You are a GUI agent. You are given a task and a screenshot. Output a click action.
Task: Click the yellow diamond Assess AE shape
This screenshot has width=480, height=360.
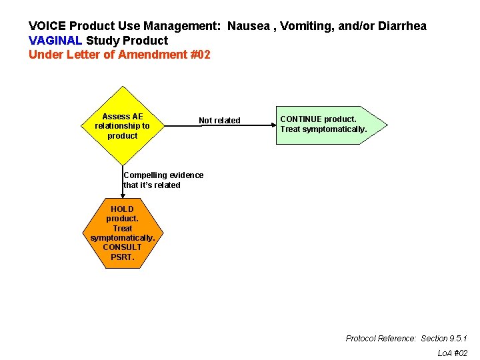(122, 126)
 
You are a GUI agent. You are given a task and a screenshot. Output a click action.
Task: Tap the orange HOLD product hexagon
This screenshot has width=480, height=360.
(122, 233)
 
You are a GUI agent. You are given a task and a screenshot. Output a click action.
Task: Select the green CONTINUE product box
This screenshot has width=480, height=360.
(327, 125)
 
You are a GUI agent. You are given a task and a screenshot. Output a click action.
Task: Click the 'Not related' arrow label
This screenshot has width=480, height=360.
(219, 121)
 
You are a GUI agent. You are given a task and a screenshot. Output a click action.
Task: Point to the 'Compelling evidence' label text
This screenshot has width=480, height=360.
(163, 175)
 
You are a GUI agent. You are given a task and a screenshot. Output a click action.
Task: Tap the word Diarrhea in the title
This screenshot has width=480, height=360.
(402, 27)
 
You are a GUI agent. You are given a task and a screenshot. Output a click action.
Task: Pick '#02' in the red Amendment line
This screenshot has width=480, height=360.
(200, 55)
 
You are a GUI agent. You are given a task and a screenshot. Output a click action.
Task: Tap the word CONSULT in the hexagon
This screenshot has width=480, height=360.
(122, 247)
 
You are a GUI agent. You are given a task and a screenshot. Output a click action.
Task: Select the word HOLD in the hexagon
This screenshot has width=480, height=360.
(122, 209)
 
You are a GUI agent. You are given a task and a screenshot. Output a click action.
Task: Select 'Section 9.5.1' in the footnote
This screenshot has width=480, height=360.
(444, 339)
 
